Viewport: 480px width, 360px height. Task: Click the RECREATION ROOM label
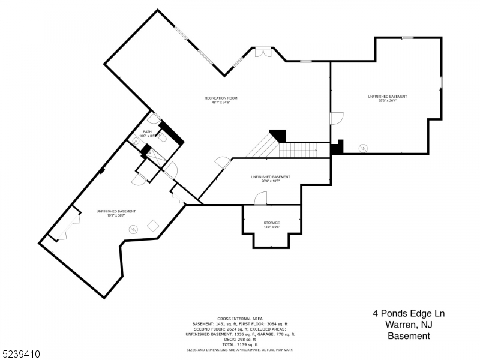click(221, 98)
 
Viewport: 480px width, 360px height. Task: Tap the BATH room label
click(147, 131)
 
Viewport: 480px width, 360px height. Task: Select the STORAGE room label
click(271, 223)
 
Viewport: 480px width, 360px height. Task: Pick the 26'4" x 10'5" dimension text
click(271, 181)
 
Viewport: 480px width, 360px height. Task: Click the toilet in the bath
click(162, 137)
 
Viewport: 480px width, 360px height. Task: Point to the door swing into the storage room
click(260, 198)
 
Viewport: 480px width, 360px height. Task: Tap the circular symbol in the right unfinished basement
click(363, 148)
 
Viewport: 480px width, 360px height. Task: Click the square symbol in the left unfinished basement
click(153, 225)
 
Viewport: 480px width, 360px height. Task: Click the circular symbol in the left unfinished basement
click(133, 227)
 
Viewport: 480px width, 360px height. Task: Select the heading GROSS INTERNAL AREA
click(240, 319)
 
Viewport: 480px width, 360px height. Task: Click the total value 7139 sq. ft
click(240, 344)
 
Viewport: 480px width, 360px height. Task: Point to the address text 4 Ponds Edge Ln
click(408, 314)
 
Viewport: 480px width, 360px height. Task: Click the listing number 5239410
click(21, 354)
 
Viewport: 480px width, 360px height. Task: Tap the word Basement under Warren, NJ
click(408, 336)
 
